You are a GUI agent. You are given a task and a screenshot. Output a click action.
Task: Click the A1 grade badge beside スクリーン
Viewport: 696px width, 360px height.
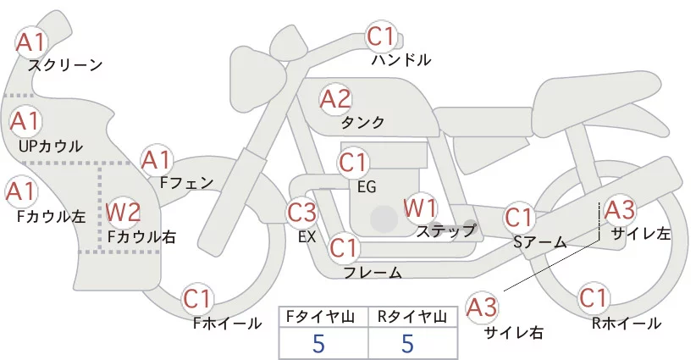[32, 40]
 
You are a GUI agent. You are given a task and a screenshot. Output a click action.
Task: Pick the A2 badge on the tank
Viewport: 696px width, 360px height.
[334, 98]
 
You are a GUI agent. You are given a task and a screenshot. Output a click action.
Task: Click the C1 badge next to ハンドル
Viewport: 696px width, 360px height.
[382, 36]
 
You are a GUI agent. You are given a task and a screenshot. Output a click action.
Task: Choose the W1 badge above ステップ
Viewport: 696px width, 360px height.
[419, 207]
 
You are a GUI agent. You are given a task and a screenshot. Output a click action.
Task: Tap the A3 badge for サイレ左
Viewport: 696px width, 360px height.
[617, 208]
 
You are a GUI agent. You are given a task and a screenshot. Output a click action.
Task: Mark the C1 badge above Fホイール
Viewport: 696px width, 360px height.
[200, 299]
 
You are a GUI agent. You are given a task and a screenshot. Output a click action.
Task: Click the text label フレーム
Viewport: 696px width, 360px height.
[373, 272]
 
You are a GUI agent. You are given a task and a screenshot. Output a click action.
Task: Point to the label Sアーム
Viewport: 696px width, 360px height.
[539, 242]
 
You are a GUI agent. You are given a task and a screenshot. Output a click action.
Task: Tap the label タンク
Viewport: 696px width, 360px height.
[362, 123]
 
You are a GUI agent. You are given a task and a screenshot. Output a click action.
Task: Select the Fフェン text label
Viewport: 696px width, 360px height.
[186, 181]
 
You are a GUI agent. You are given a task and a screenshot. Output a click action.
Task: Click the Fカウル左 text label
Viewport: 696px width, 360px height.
[51, 216]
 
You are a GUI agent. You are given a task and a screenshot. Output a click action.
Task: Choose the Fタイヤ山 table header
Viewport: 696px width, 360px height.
[323, 317]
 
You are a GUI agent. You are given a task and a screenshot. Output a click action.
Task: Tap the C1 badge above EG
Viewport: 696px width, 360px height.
[353, 161]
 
